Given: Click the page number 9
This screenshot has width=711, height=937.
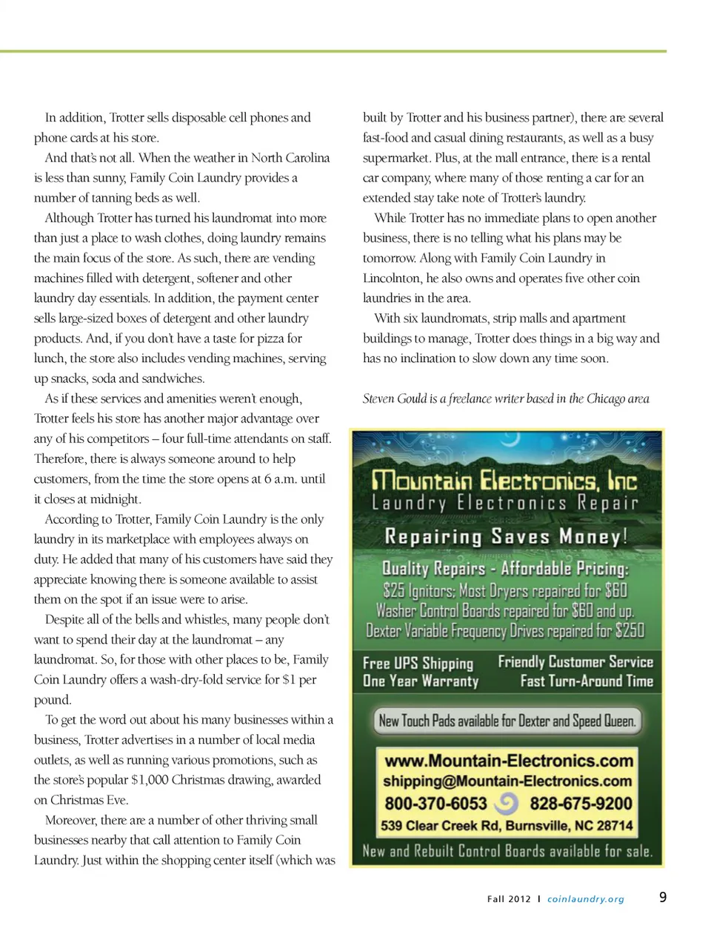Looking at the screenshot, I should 663,897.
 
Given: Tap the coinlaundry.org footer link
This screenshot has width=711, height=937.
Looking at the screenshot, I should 585,899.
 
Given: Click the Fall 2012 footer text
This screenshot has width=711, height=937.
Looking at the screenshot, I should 509,899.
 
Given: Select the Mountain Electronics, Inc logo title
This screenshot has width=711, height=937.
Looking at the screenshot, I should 504,480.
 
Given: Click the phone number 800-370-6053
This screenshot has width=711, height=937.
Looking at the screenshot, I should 435,804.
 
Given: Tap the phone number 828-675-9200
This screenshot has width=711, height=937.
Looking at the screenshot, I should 581,804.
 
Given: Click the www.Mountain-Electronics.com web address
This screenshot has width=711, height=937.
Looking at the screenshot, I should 509,761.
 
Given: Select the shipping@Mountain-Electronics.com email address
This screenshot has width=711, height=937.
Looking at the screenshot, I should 507,781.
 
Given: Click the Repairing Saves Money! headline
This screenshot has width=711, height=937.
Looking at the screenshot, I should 506,536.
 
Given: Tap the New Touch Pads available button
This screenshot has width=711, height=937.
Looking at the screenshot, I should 507,721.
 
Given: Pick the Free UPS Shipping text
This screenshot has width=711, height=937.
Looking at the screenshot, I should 418,663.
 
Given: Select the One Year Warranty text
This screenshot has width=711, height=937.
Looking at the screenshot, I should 421,681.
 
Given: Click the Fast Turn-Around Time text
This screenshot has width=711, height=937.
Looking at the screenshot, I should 587,681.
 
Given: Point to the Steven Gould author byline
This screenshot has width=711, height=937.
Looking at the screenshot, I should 506,399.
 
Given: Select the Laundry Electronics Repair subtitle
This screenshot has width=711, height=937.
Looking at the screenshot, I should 505,504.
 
